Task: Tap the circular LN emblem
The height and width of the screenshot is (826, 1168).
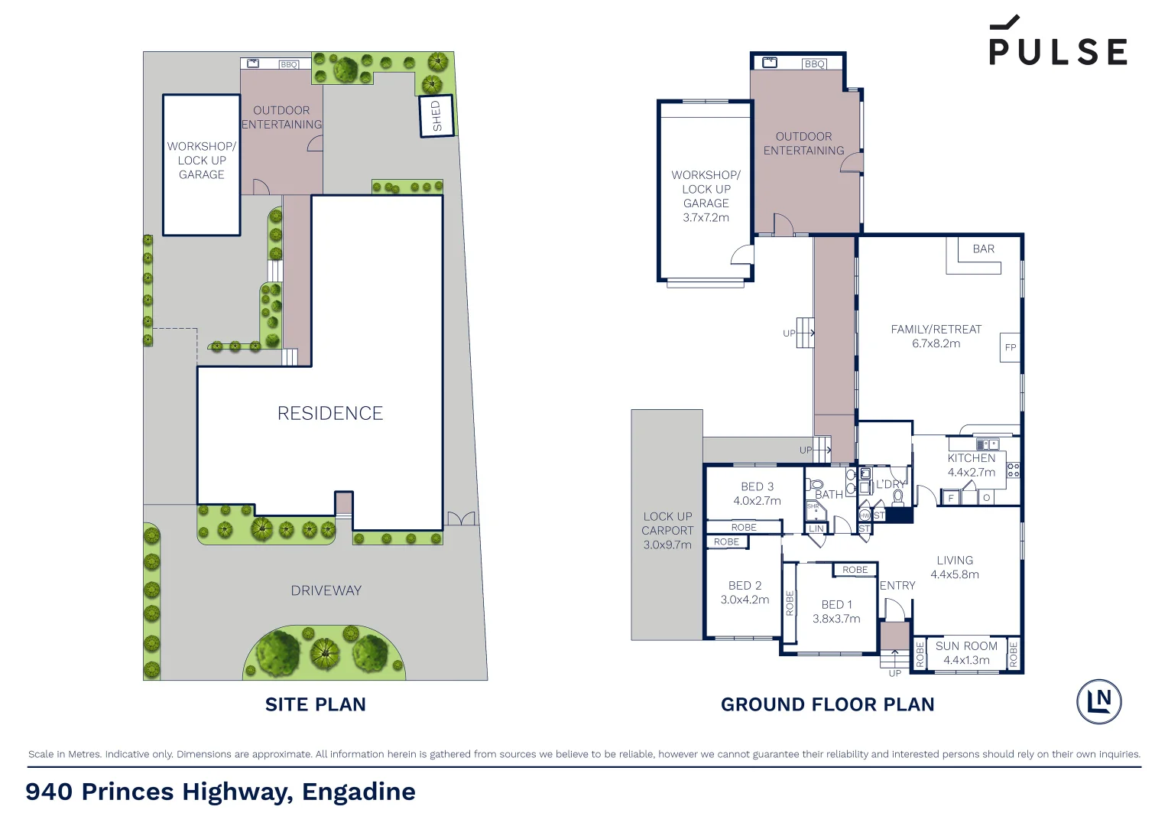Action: (1099, 701)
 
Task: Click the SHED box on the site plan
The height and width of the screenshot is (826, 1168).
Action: (436, 116)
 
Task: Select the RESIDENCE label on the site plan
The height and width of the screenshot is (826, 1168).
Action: (330, 414)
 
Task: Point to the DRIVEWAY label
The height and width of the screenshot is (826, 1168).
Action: (326, 590)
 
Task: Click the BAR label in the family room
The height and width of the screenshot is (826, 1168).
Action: (983, 249)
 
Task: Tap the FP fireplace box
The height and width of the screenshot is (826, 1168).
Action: (1010, 347)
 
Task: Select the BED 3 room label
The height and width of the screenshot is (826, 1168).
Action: (757, 486)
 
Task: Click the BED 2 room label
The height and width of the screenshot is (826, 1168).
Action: (745, 585)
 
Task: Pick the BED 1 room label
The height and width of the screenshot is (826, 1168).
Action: (836, 604)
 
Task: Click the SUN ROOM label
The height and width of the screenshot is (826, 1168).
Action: (966, 646)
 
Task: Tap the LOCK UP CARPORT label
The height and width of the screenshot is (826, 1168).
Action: (667, 523)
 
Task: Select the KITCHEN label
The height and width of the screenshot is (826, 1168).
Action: (972, 458)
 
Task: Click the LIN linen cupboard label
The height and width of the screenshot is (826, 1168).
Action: (816, 528)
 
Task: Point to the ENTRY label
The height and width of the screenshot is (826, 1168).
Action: (897, 585)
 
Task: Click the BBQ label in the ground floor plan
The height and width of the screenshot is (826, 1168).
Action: (815, 64)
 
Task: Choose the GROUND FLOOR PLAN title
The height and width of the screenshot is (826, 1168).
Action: (827, 704)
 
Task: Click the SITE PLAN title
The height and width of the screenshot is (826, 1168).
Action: (315, 704)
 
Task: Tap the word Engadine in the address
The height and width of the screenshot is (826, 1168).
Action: (359, 792)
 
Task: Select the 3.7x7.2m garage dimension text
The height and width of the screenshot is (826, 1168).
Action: (706, 217)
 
